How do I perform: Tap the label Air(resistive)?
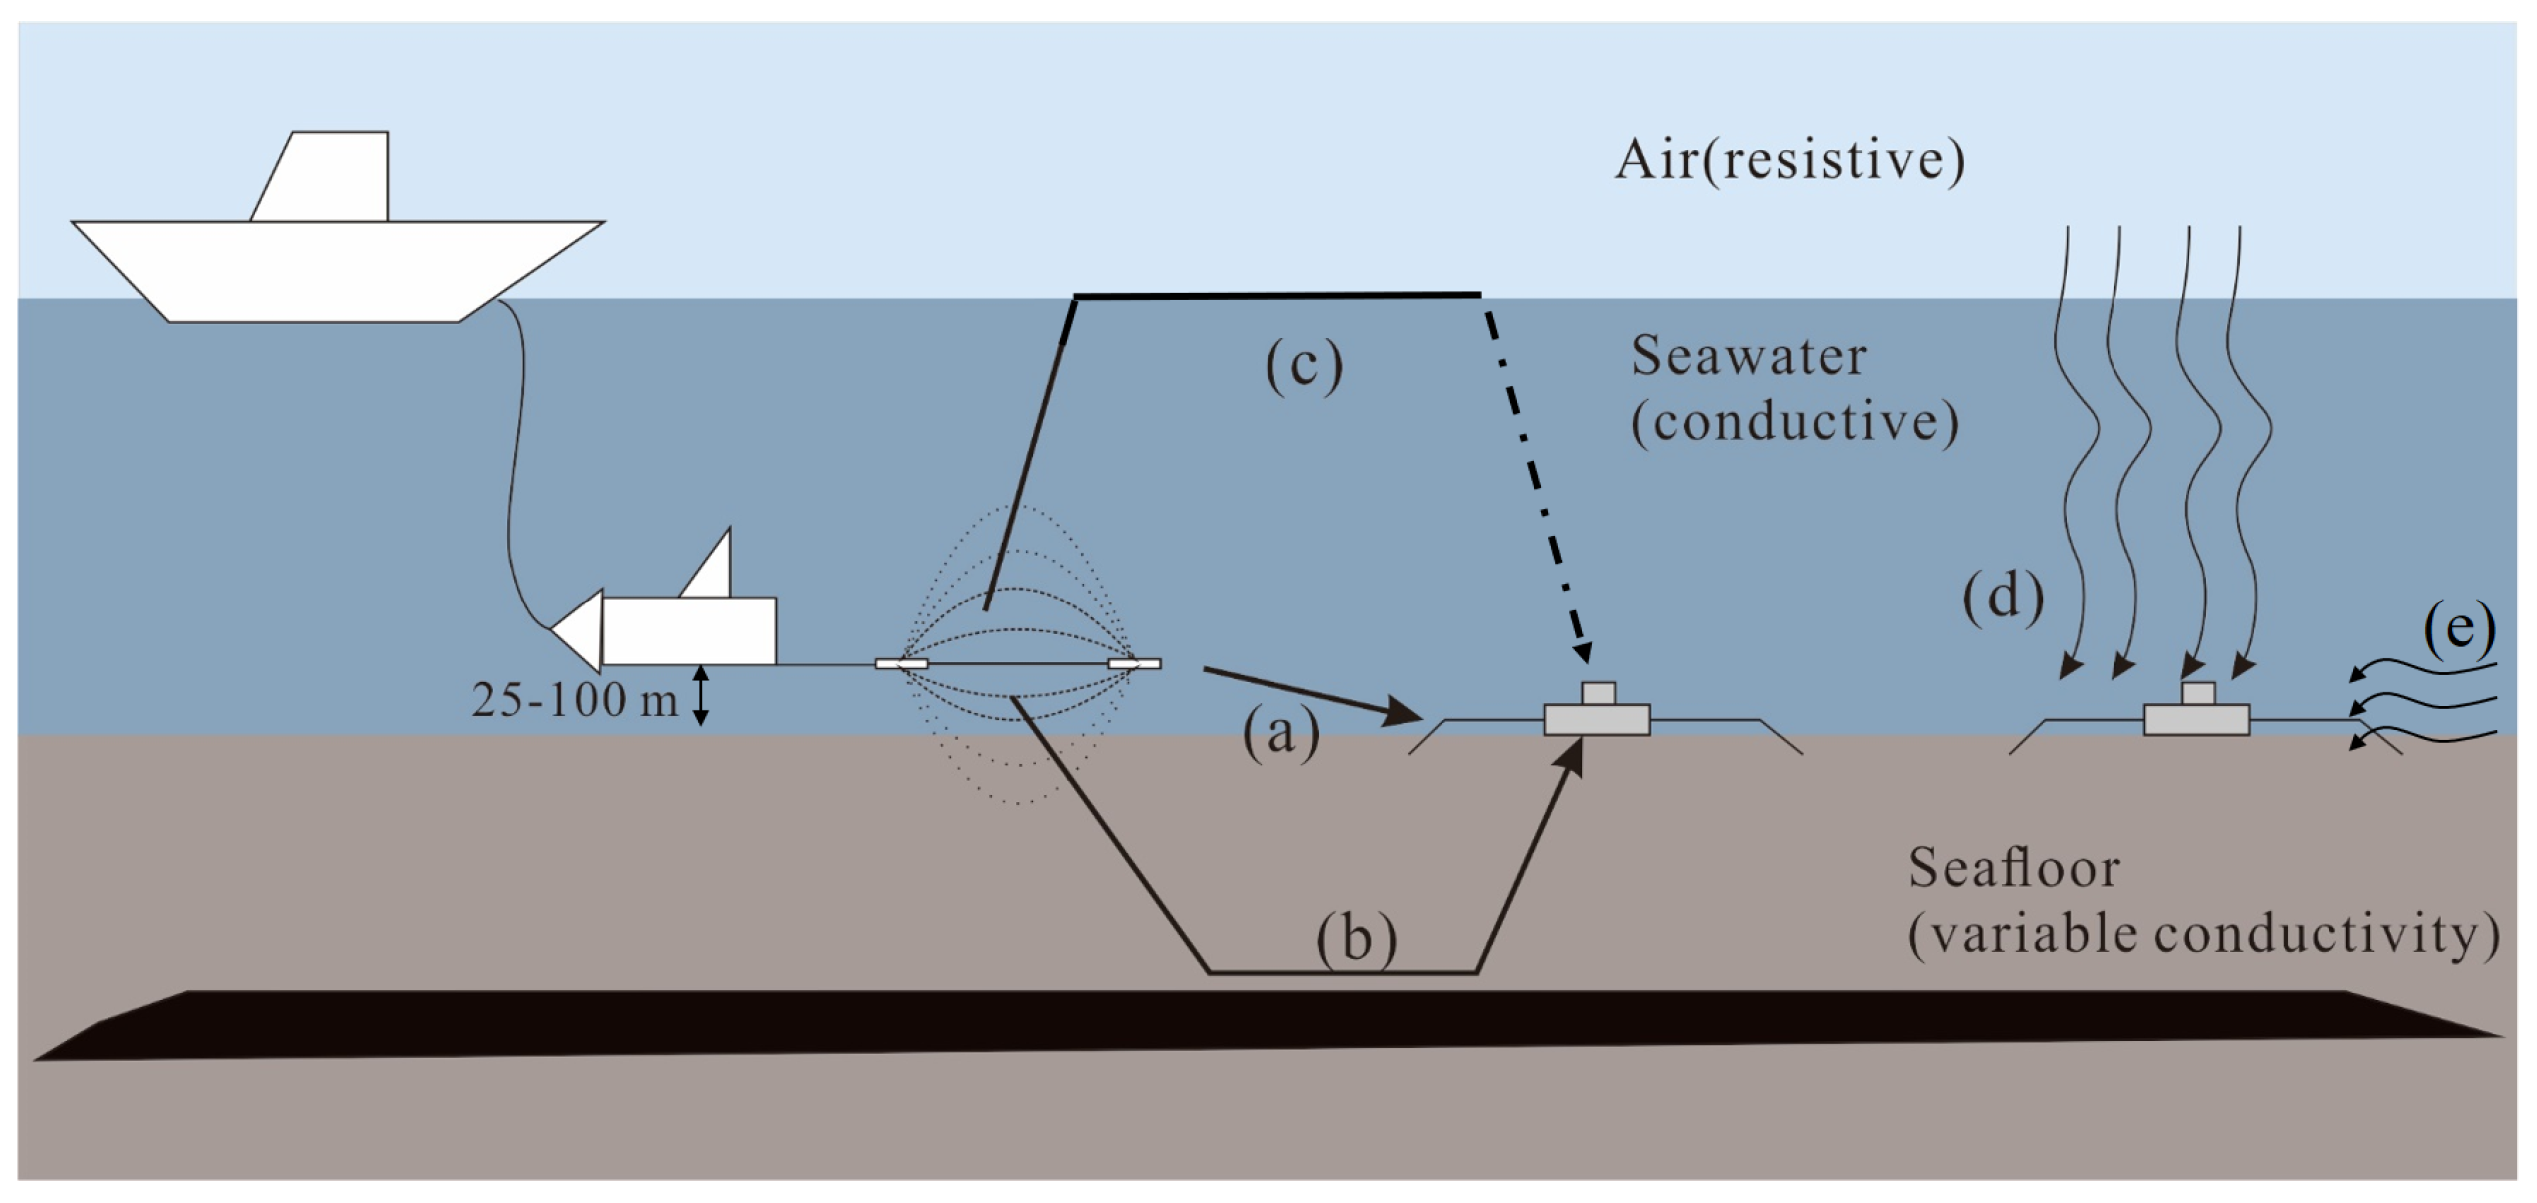tap(1789, 160)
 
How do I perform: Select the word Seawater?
tap(1748, 356)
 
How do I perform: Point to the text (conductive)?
tap(1794, 422)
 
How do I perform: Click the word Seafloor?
tap(2014, 867)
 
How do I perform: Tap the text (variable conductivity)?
tap(2203, 935)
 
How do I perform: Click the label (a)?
tap(1280, 735)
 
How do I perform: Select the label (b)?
tap(1356, 939)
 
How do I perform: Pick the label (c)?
tap(1304, 366)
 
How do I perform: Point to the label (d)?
tap(2003, 598)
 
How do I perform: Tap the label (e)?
tap(2459, 629)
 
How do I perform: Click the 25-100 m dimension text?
tap(574, 700)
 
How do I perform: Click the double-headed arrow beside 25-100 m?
tap(701, 696)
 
